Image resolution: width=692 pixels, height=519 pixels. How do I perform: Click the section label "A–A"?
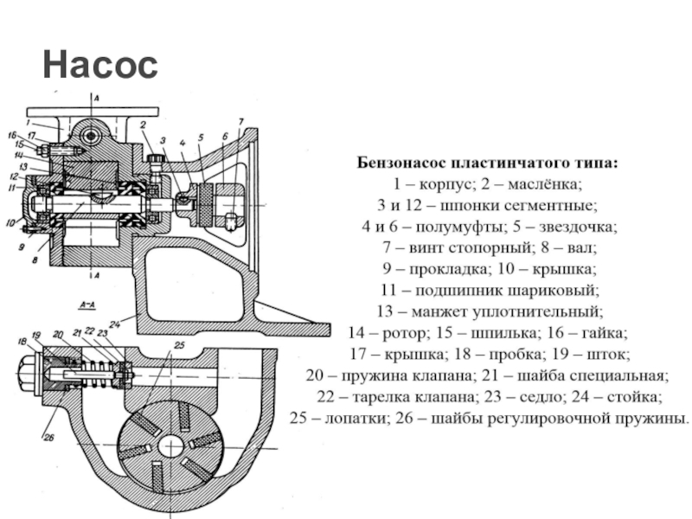(x=86, y=305)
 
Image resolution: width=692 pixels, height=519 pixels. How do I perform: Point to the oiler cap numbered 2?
(x=156, y=159)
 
